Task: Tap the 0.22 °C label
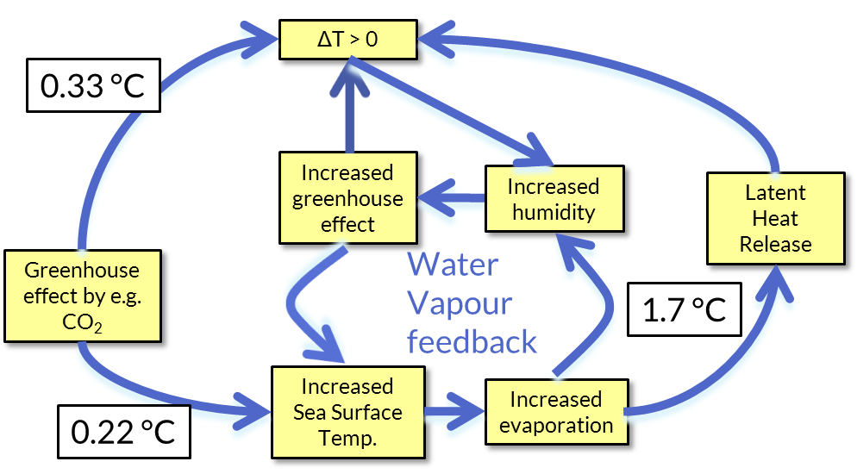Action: click(x=123, y=431)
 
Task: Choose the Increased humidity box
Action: click(x=553, y=199)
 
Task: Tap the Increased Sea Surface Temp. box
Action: click(x=347, y=412)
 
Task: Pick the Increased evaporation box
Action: click(x=555, y=412)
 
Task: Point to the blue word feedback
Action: click(x=472, y=341)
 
